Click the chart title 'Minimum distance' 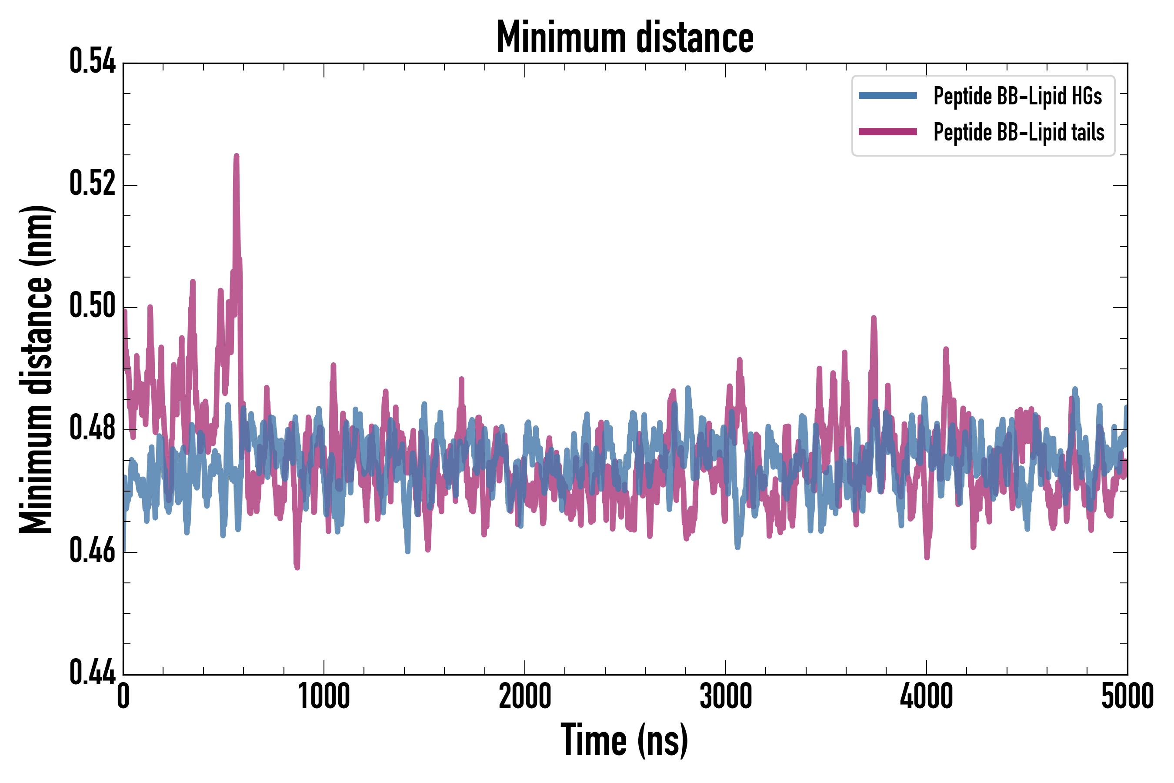point(624,37)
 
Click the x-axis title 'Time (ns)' point(624,740)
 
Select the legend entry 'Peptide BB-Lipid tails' point(1019,132)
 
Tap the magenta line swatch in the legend point(887,132)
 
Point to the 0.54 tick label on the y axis point(92,62)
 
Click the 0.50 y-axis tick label point(92,306)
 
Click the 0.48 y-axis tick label point(92,428)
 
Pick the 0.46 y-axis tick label point(92,551)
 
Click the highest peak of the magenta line point(237,156)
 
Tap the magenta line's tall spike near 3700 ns point(874,318)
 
